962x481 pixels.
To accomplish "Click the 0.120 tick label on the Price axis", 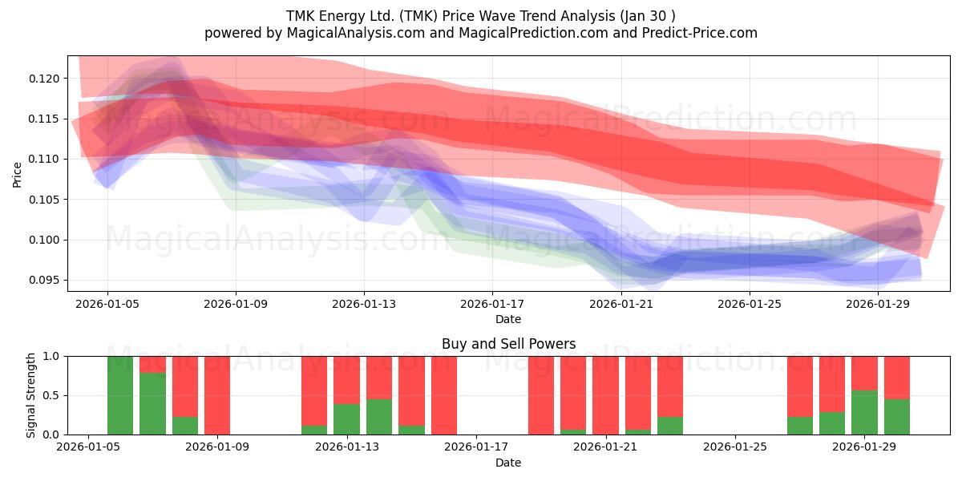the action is coord(44,79).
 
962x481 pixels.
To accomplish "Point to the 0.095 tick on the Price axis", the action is coord(44,280).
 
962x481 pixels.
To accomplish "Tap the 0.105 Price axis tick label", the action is coord(44,200).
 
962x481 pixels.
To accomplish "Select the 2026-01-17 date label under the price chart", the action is coord(492,304).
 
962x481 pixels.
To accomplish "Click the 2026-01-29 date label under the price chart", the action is coord(878,304).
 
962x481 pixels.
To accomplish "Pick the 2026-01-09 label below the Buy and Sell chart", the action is coord(217,447).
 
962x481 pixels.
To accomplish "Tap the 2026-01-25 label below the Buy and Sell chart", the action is coord(735,447).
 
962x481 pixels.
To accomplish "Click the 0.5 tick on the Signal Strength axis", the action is coord(51,395).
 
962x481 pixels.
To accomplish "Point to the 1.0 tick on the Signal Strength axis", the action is coord(51,356).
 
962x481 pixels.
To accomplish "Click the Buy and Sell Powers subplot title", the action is coord(508,344).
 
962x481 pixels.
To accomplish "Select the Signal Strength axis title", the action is coord(30,395).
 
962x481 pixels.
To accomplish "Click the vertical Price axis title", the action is coord(17,175).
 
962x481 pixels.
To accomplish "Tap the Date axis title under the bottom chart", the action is coord(508,463).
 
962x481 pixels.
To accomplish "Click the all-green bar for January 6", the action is coord(120,395).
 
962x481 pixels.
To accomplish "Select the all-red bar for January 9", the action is coord(217,395).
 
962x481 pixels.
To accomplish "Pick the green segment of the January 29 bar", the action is coord(864,412).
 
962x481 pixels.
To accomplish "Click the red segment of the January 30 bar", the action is coord(897,378).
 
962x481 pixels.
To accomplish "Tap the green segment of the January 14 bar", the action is coord(379,417).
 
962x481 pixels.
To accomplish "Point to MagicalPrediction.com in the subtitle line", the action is coord(533,33).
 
